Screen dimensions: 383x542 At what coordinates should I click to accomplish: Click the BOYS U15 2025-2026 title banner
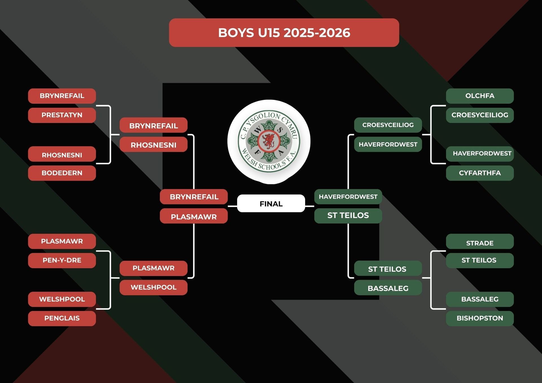pos(284,33)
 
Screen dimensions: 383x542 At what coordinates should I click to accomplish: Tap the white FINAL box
pos(271,203)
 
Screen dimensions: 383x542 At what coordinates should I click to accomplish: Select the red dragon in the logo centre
pos(268,141)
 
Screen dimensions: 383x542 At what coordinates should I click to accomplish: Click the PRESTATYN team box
pos(62,115)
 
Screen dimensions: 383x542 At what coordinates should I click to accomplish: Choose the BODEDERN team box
pos(62,173)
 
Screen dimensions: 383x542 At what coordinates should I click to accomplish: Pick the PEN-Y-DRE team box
pos(62,260)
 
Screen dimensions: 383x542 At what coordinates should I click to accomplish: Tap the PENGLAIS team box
pos(62,318)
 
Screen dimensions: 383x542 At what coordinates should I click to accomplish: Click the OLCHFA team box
pos(480,96)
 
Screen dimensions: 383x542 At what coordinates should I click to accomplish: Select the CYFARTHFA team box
pos(480,173)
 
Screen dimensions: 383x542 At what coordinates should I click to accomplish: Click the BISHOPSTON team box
pos(480,318)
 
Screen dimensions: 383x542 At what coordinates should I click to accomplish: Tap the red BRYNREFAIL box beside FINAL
pos(194,197)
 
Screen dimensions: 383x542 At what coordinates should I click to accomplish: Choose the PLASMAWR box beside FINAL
pos(194,216)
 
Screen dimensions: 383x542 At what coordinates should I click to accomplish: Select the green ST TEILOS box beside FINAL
pos(348,216)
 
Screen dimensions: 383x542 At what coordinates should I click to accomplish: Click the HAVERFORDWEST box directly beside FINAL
pos(348,197)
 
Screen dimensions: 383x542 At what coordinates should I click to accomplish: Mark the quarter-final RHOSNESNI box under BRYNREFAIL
pos(153,145)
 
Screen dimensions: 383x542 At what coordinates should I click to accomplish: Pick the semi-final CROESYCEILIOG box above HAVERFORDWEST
pos(388,125)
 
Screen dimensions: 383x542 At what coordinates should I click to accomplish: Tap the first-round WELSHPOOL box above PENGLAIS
pos(62,299)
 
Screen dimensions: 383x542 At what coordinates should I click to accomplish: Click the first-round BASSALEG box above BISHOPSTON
pos(480,299)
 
